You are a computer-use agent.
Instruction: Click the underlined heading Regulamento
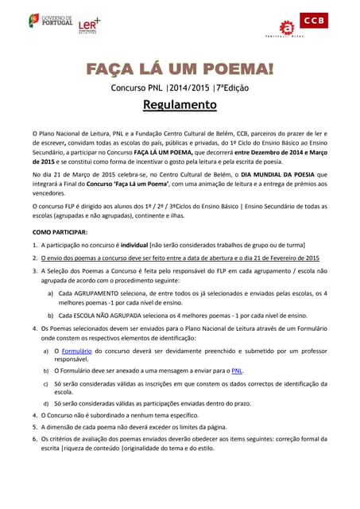click(x=180, y=104)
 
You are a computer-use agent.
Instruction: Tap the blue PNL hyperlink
click(x=236, y=371)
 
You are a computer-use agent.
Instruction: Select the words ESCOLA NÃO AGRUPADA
click(x=113, y=315)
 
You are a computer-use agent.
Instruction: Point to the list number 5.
click(x=34, y=426)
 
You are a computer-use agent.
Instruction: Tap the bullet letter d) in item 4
click(x=45, y=403)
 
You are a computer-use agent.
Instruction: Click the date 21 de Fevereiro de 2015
click(x=279, y=258)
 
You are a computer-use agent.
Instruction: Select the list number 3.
click(x=34, y=271)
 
